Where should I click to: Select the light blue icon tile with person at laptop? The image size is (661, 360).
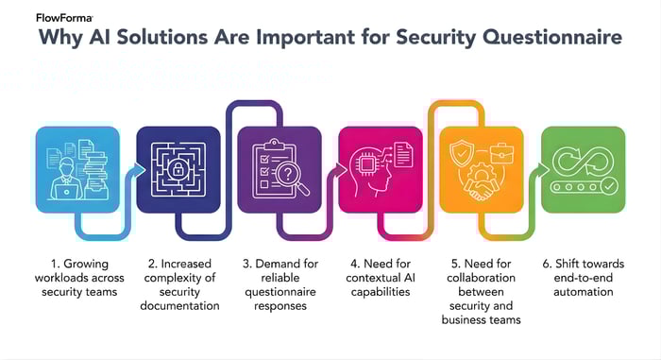[77, 169]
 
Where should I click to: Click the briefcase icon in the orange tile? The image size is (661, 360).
[501, 151]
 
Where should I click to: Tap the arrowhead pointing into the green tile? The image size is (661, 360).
[546, 171]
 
